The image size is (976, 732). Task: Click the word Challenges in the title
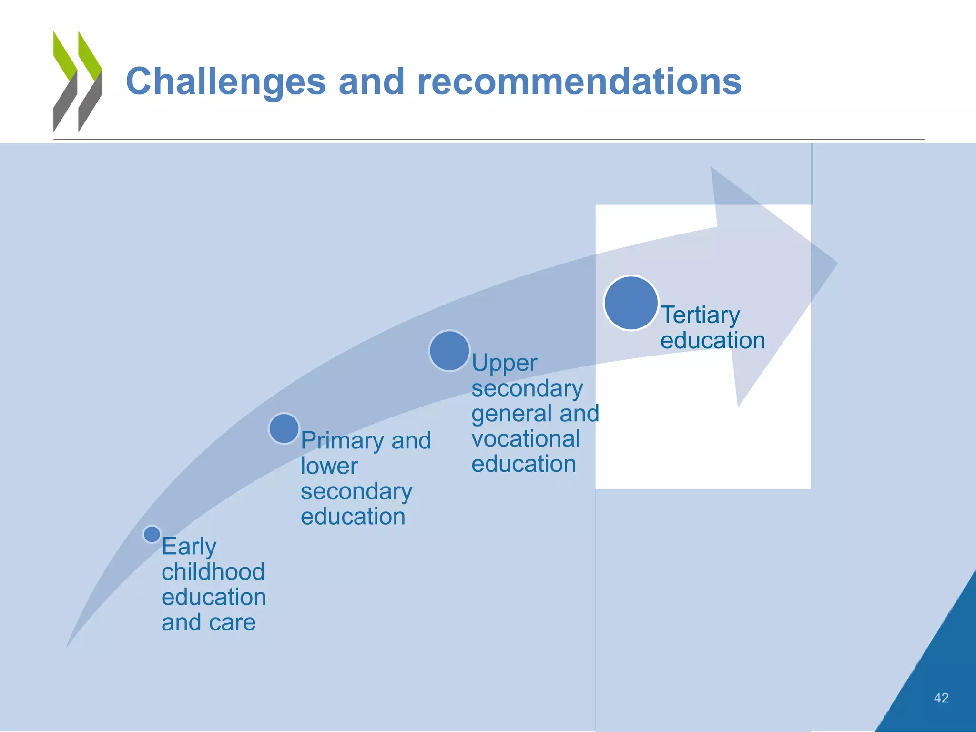[x=225, y=81]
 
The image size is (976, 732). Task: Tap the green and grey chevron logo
[x=78, y=81]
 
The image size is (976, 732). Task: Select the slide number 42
[x=941, y=698]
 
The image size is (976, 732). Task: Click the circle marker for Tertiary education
[x=630, y=303]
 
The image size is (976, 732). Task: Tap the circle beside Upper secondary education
[x=449, y=351]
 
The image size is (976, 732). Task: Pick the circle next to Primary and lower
[x=284, y=428]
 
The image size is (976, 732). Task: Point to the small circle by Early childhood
[x=152, y=534]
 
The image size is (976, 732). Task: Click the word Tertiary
[x=700, y=315]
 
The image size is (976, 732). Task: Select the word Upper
[x=504, y=364]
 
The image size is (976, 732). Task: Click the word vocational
[x=526, y=439]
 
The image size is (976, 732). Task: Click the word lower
[x=329, y=466]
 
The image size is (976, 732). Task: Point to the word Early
[x=189, y=547]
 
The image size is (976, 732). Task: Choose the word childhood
[x=213, y=572]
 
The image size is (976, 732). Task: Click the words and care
[x=208, y=622]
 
